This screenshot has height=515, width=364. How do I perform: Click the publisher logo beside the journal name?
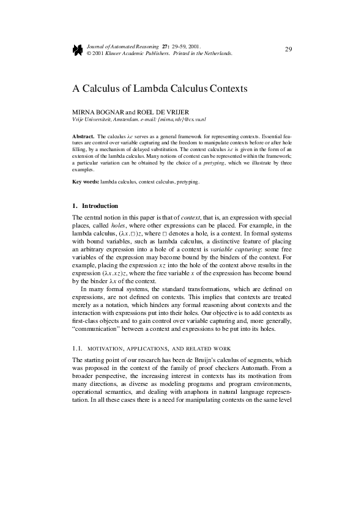coord(78,50)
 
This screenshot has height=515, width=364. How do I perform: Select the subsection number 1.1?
coord(77,347)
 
